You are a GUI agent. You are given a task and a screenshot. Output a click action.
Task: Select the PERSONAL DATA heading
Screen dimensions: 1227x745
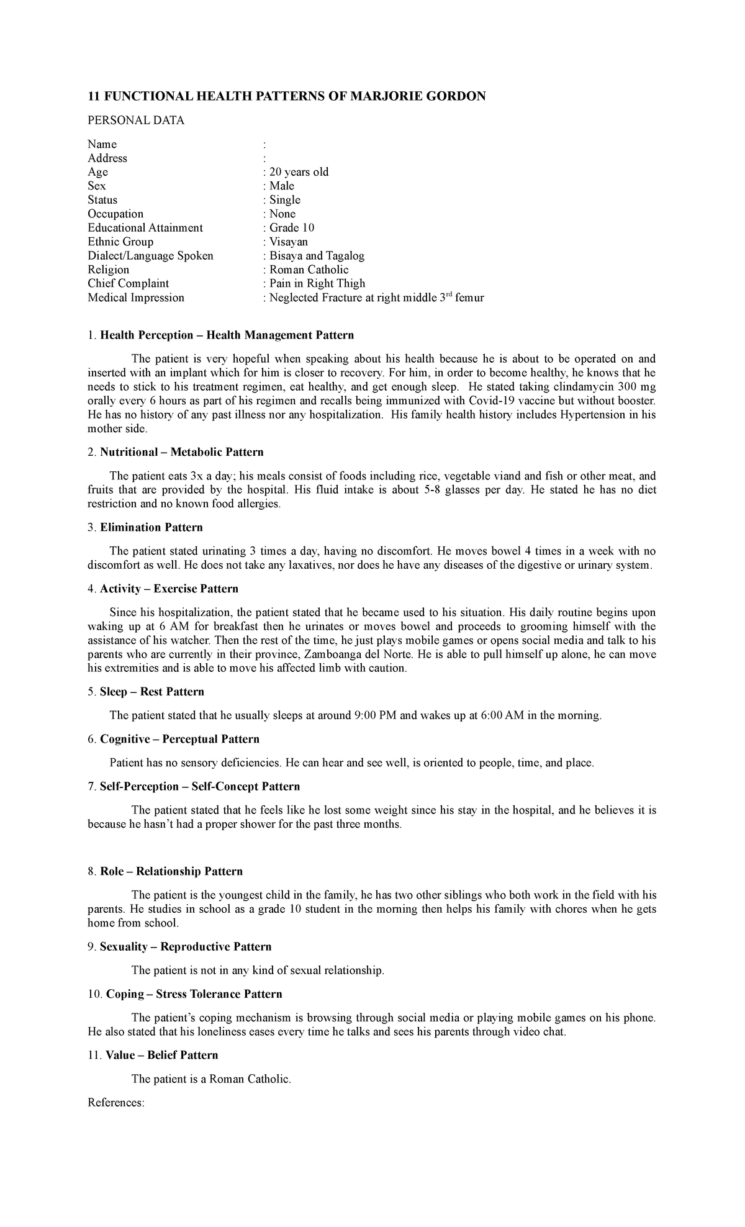pos(136,120)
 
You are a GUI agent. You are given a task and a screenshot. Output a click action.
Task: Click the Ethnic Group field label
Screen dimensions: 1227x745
pos(120,242)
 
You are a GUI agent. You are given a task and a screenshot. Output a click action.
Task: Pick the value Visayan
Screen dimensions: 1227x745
pos(288,242)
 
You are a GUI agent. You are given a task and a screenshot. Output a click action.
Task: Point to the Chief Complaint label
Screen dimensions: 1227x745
pos(128,283)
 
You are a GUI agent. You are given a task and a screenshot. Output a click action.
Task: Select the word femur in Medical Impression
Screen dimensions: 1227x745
pos(469,297)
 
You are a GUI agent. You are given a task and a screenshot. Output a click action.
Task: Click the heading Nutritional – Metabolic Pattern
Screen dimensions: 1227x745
pos(181,452)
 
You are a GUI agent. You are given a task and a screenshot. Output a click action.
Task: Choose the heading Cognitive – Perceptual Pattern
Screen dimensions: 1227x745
pos(179,739)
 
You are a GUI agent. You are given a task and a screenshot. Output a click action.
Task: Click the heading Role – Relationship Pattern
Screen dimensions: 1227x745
pos(171,871)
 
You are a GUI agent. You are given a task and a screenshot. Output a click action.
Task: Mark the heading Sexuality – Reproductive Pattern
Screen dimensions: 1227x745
pos(186,946)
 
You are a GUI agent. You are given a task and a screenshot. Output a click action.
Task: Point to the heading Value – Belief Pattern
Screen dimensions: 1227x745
pos(162,1055)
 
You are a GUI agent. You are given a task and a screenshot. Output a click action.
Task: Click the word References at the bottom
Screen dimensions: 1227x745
pos(116,1102)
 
